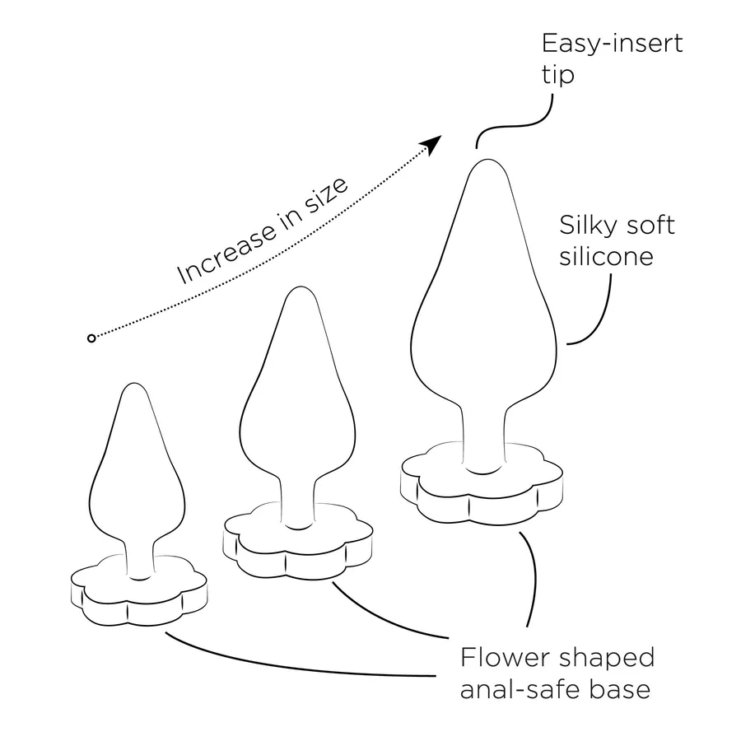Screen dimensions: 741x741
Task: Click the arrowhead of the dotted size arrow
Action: point(431,144)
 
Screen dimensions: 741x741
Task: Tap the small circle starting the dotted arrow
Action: point(91,338)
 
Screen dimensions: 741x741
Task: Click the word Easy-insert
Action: point(612,44)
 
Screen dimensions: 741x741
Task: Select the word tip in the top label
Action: point(558,75)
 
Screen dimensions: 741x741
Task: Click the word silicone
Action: point(606,257)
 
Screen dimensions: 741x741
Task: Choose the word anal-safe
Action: point(519,689)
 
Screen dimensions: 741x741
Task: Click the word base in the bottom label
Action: point(619,689)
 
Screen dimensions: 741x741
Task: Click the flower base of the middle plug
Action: point(298,543)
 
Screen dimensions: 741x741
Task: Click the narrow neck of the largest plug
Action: point(483,435)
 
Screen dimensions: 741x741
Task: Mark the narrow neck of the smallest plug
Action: point(139,557)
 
